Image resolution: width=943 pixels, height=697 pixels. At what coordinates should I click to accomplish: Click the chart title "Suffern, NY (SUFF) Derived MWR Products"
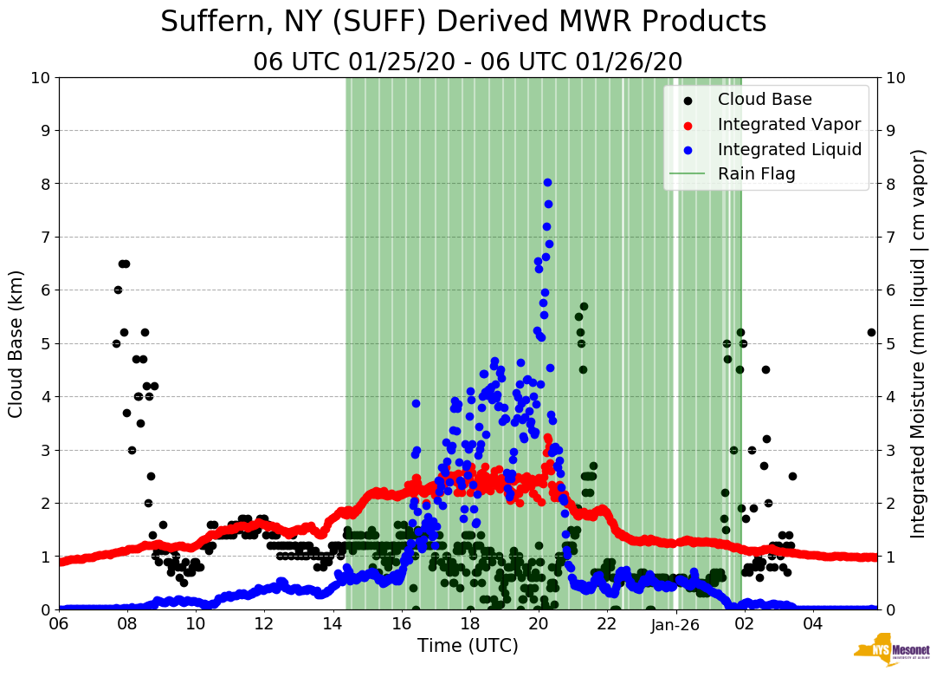click(x=463, y=23)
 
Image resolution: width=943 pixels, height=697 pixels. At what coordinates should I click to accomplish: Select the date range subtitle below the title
click(x=468, y=62)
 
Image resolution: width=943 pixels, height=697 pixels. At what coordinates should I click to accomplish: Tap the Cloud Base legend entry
click(x=765, y=100)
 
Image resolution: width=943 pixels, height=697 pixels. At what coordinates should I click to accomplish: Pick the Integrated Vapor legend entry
click(x=789, y=125)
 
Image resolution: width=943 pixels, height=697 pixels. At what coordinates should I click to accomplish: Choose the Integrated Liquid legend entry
click(x=789, y=150)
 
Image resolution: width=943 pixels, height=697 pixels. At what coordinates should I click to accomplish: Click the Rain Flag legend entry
click(x=756, y=174)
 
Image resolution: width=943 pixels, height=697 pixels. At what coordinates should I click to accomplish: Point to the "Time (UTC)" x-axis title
click(x=468, y=646)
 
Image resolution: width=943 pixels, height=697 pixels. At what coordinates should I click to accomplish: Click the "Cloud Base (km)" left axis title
click(x=16, y=343)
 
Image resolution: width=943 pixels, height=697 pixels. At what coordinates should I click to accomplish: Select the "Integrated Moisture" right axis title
click(x=919, y=343)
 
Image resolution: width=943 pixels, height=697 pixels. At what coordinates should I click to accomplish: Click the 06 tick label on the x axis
click(x=59, y=624)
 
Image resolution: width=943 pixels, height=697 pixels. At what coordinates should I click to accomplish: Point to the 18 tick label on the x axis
click(x=469, y=624)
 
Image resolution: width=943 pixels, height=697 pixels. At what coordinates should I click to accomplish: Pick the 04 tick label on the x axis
click(x=812, y=624)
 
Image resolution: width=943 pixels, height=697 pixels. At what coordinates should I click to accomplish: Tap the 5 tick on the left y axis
click(x=44, y=343)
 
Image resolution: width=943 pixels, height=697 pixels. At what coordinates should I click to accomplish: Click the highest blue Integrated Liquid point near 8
click(x=547, y=182)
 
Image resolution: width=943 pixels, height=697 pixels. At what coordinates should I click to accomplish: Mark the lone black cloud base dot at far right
click(x=871, y=332)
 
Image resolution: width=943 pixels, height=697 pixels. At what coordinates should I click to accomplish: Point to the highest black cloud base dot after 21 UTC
click(x=584, y=306)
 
